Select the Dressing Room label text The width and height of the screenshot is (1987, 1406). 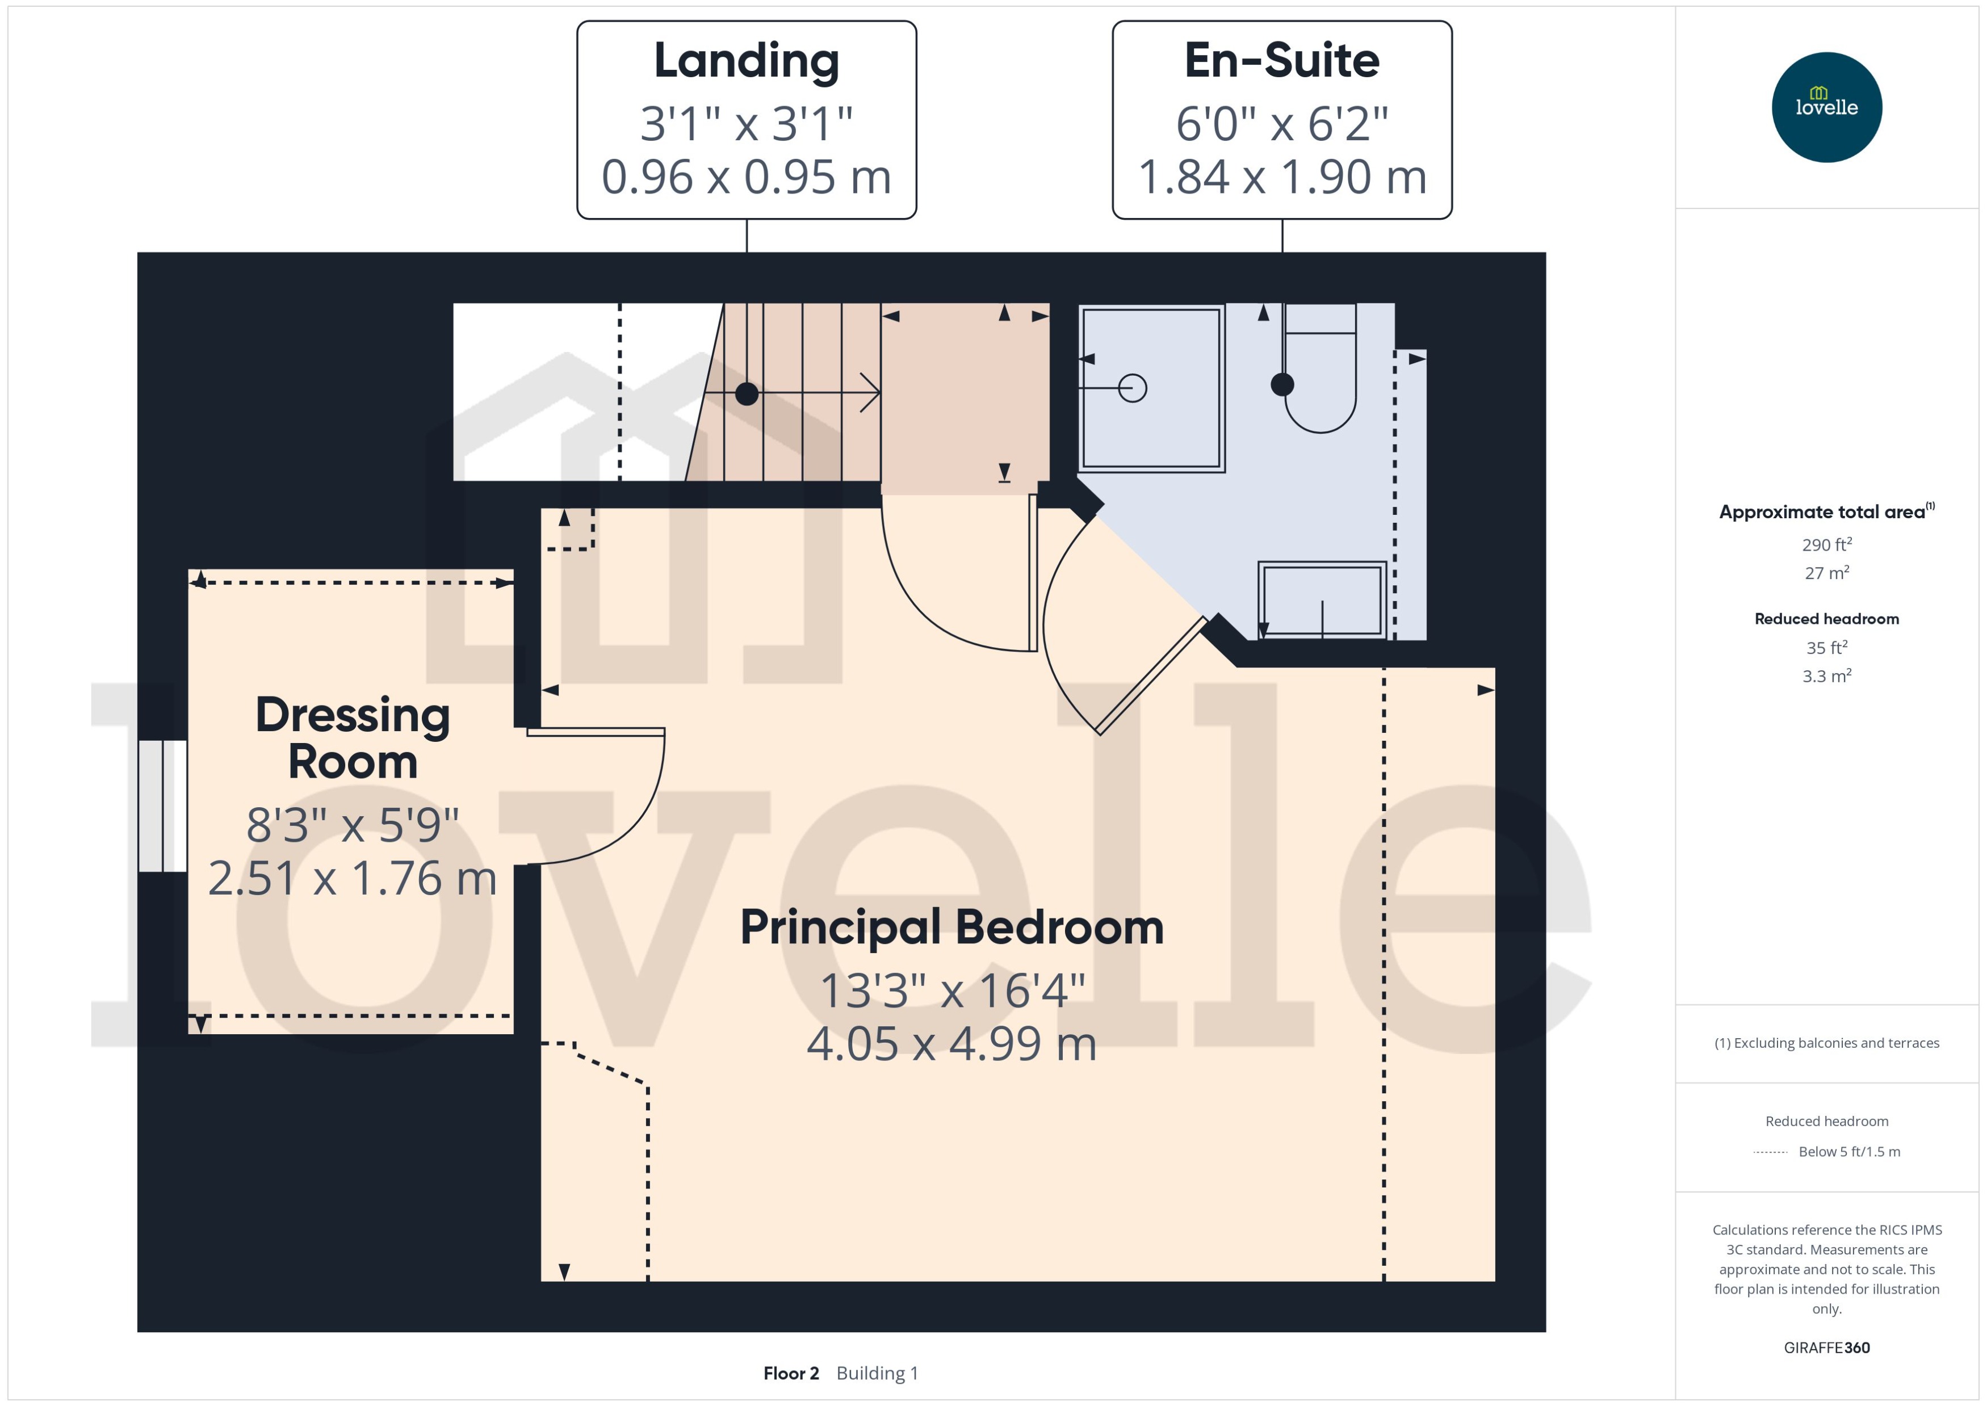click(353, 738)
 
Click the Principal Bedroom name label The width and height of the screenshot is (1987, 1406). click(951, 927)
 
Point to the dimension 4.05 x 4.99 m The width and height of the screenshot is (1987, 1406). click(951, 1043)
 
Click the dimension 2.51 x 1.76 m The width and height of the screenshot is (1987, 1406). click(353, 878)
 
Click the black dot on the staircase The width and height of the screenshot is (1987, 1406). click(747, 394)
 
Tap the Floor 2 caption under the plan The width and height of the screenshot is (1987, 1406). click(790, 1373)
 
